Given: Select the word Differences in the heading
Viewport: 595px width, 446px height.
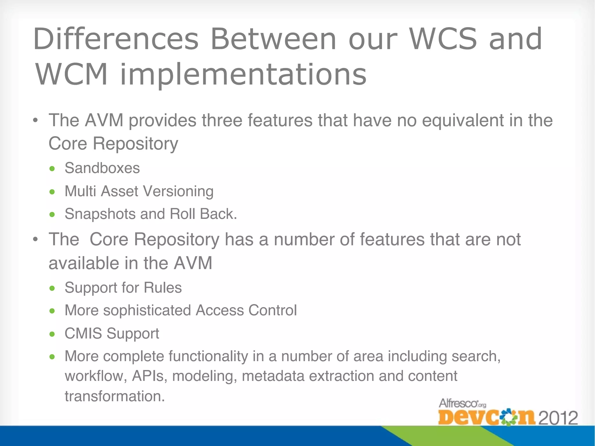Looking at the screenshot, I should point(116,39).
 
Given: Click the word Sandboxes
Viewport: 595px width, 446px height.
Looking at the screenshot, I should point(102,168).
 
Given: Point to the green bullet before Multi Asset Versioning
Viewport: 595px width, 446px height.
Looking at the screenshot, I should point(52,192).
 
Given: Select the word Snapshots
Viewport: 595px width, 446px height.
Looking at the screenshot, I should point(100,214).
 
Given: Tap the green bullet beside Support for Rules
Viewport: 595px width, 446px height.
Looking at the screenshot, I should point(52,288).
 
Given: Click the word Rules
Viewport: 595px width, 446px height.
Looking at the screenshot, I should point(163,288).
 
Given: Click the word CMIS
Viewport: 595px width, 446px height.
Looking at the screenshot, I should point(83,333).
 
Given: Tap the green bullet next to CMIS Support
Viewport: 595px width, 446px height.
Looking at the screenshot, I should point(52,334).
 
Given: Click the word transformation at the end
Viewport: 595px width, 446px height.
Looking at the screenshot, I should point(114,396).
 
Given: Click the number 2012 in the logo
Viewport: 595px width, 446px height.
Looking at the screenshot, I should point(558,418).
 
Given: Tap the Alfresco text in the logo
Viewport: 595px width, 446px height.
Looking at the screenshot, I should point(458,403).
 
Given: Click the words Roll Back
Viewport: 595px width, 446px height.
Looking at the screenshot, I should point(203,214).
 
